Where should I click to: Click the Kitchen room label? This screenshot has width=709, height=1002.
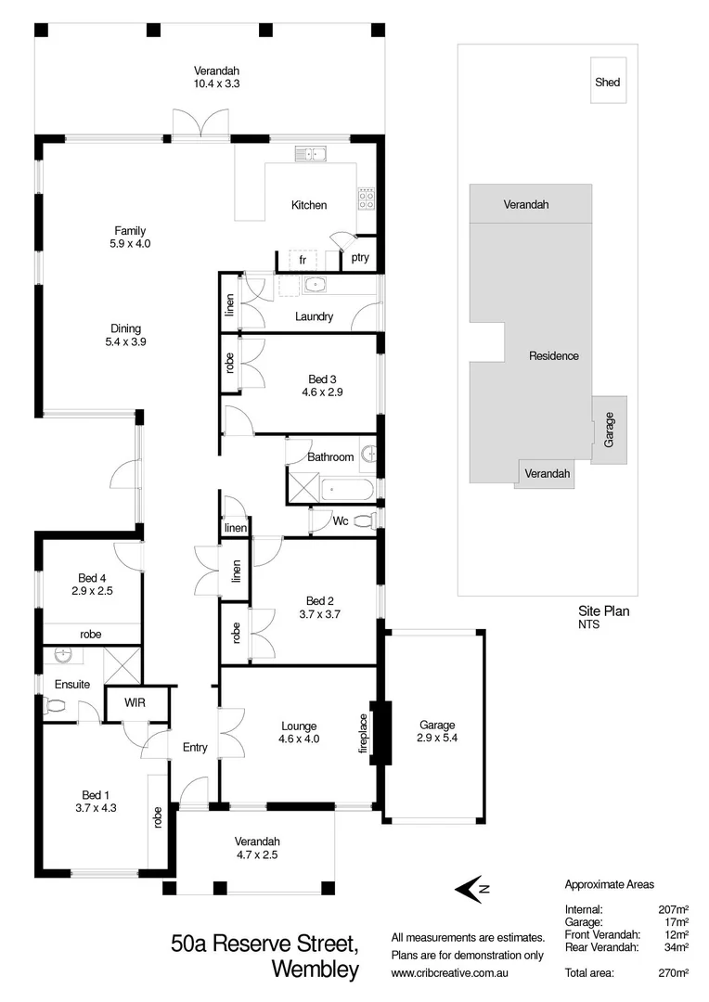click(x=309, y=205)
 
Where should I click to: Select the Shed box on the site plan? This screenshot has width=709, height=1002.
click(x=608, y=82)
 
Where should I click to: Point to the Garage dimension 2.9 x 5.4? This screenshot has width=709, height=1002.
click(x=437, y=740)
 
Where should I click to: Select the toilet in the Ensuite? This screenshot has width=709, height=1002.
click(x=56, y=705)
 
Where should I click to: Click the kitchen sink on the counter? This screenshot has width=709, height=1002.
click(x=308, y=154)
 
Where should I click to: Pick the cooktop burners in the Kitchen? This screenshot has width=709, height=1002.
click(x=366, y=198)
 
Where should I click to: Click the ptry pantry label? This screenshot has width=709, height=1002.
click(x=360, y=258)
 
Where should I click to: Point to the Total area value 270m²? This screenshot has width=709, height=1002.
click(x=674, y=972)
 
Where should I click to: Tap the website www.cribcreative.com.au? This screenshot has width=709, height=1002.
click(x=454, y=972)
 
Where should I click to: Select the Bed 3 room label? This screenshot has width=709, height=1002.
click(x=324, y=379)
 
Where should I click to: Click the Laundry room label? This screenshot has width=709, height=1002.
click(x=314, y=316)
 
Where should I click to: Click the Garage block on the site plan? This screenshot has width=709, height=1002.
click(x=610, y=431)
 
